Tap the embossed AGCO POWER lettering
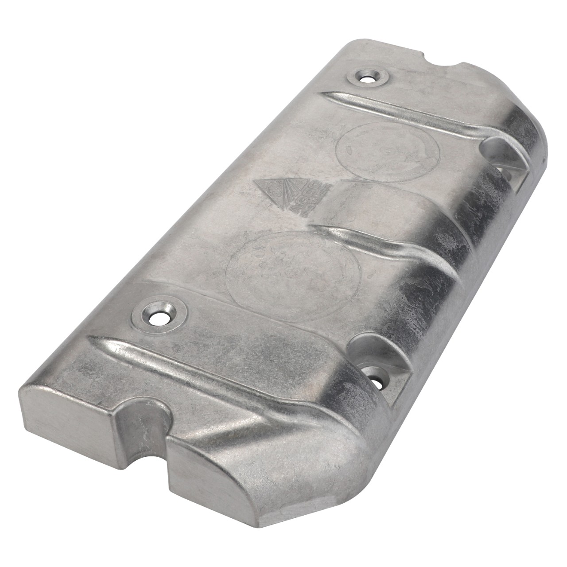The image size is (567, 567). (x=306, y=199)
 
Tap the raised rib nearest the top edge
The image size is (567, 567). (x=399, y=111)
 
